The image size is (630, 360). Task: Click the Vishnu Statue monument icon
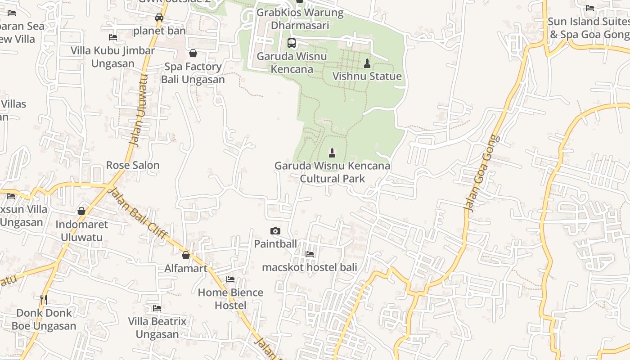367,63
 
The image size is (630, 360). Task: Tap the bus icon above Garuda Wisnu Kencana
292,43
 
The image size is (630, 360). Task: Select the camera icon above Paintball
275,231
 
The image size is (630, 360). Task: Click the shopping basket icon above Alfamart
186,255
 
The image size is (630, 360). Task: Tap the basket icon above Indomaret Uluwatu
81,211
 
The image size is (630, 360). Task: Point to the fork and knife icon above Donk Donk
44,299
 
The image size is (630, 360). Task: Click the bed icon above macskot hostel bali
310,254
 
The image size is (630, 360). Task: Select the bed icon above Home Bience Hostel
230,279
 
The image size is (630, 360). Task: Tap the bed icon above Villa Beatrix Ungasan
157,308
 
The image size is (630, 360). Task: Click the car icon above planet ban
159,18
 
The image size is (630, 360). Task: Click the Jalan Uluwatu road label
138,110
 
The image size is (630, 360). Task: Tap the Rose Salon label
133,165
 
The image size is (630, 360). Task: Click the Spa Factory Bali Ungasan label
193,73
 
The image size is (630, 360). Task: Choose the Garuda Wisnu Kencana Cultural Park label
333,172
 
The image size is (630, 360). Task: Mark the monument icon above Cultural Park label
332,153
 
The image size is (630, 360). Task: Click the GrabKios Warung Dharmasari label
300,19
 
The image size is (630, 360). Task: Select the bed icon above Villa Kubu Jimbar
113,37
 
